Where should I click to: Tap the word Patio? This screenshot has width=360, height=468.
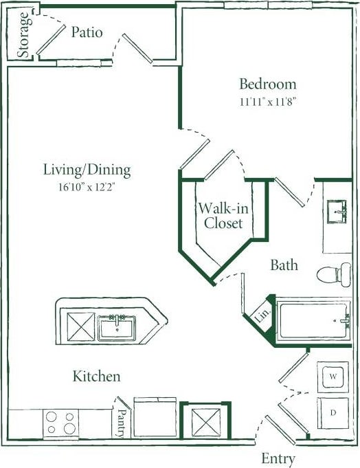tap(87, 32)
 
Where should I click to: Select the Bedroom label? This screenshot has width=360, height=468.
tap(267, 85)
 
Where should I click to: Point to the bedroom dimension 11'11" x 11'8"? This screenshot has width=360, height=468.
tap(267, 101)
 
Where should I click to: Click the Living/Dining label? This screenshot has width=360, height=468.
tap(87, 170)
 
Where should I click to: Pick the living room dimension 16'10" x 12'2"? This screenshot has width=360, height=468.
tap(87, 186)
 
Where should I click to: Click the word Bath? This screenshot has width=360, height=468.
tap(284, 265)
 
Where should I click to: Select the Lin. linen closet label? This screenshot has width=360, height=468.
tap(262, 317)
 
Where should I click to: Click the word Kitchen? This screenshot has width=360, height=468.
tap(97, 377)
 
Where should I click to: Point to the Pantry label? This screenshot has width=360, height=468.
tap(122, 419)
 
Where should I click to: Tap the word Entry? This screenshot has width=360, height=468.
tap(278, 458)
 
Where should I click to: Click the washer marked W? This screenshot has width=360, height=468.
tap(333, 377)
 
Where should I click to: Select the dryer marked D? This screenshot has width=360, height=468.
tap(333, 413)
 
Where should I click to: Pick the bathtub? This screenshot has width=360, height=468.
tap(313, 320)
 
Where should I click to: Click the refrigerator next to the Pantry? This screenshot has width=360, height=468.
tap(155, 417)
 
